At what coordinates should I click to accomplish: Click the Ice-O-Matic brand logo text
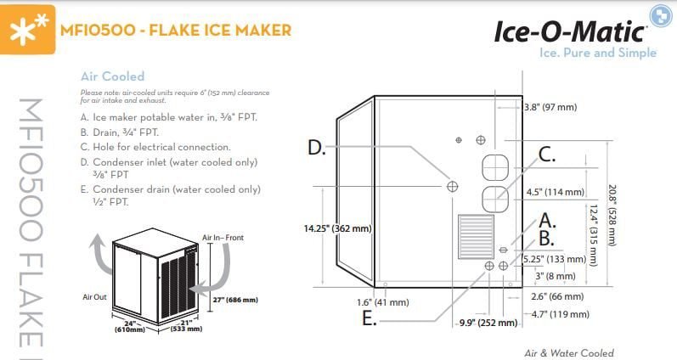click(x=570, y=31)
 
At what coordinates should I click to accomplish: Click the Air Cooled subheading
click(x=112, y=76)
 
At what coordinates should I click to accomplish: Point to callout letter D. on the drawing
click(x=316, y=148)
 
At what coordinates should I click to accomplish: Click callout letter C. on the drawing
click(x=547, y=155)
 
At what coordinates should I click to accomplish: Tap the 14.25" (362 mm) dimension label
click(x=337, y=228)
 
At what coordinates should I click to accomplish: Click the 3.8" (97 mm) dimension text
click(x=550, y=107)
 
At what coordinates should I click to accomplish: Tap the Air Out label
click(x=93, y=297)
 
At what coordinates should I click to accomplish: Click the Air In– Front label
click(x=223, y=238)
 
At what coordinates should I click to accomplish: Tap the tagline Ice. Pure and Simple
click(x=598, y=53)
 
